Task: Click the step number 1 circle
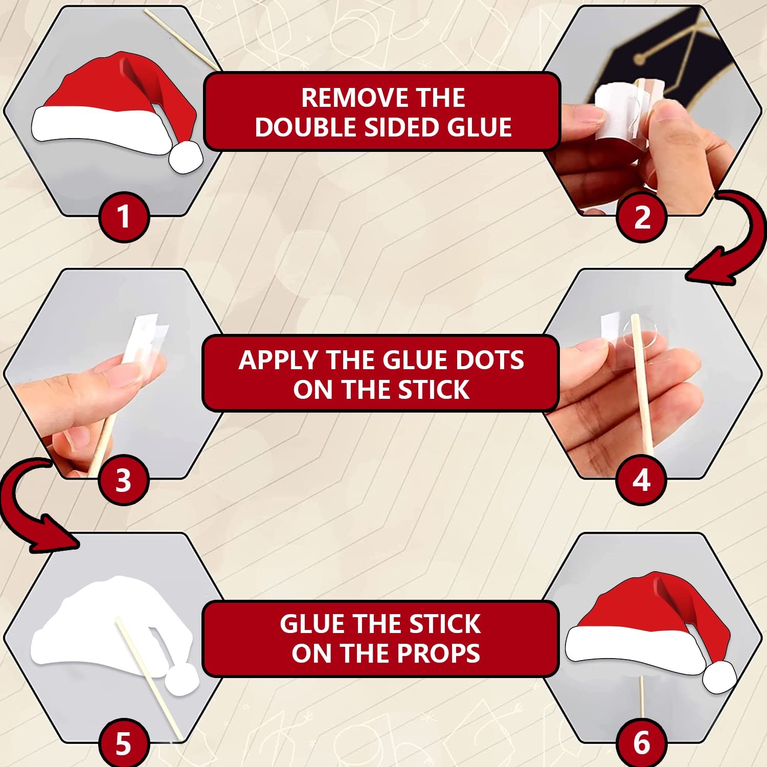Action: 124,217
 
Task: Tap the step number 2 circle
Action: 642,217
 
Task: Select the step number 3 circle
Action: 124,480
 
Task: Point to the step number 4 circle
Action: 641,480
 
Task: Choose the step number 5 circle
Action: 124,743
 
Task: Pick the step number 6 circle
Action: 642,743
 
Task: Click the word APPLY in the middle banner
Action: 279,360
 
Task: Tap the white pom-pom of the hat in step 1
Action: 186,156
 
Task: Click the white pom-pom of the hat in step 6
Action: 719,676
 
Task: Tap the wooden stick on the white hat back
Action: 149,678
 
